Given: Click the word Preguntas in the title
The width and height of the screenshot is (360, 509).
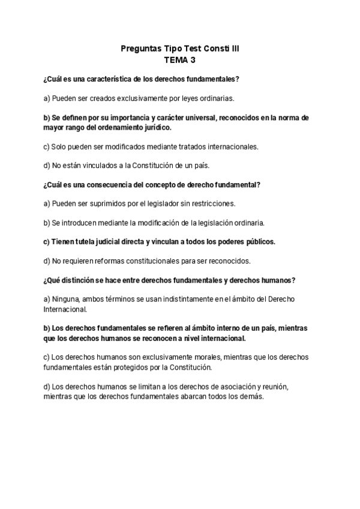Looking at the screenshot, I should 138,49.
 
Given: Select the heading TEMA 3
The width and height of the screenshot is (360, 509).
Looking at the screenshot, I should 179,60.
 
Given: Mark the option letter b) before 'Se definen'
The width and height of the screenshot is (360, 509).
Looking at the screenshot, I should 47,118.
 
